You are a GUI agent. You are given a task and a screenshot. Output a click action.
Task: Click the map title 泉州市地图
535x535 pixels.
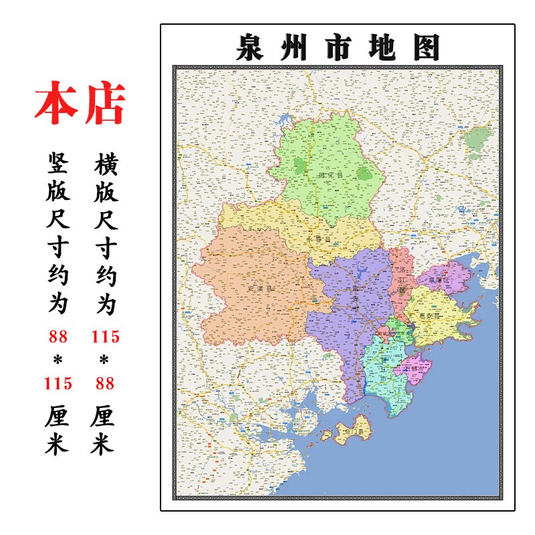tap(338, 47)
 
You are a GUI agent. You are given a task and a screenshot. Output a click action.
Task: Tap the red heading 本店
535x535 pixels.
tap(80, 104)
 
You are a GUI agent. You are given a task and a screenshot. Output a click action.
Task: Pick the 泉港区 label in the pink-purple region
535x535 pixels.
tap(439, 280)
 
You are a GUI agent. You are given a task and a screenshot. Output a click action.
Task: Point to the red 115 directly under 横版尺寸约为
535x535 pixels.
tap(106, 336)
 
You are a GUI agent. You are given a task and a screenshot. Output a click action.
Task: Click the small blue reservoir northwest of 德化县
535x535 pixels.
tap(286, 124)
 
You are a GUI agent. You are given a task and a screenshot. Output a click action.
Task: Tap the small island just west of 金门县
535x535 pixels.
tap(327, 435)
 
